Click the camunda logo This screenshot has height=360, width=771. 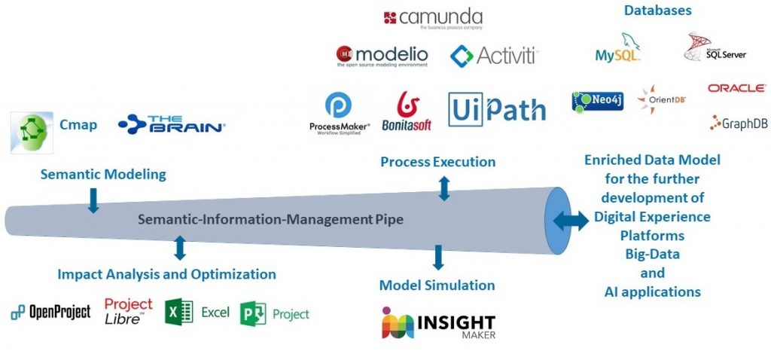coord(432,18)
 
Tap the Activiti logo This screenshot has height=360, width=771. coord(493,55)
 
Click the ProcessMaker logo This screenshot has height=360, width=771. coord(340,113)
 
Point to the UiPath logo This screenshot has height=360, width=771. coord(497,110)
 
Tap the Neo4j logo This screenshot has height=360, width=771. coord(597,101)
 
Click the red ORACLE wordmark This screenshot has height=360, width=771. coord(736,88)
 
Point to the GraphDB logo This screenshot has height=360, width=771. coord(739,124)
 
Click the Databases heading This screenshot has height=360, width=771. coord(657,11)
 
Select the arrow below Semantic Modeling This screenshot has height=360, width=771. coord(93,200)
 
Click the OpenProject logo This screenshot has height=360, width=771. coord(50,312)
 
